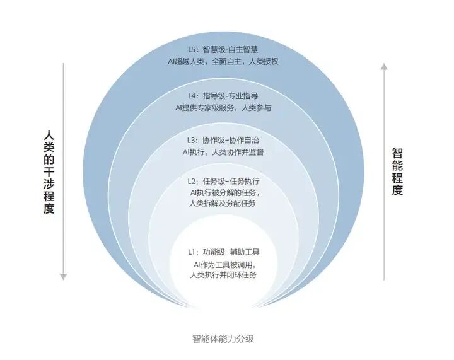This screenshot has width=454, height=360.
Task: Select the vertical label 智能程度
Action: pos(397,171)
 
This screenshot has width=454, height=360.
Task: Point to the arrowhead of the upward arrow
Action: pos(382,65)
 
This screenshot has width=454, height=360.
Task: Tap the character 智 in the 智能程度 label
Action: pos(397,153)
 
